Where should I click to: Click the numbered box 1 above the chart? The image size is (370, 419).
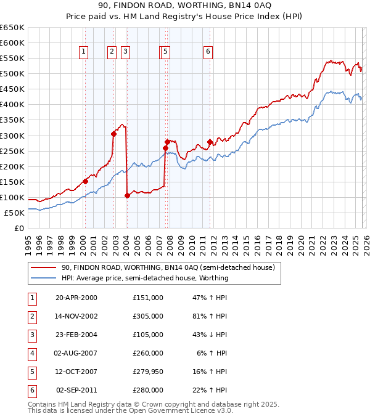pos(83,52)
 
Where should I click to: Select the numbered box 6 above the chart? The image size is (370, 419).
pos(208,52)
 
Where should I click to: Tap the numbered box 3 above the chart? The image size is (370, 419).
pos(125,52)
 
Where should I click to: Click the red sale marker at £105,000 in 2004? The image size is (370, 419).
pos(127,195)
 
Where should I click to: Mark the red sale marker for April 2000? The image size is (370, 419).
pos(85,181)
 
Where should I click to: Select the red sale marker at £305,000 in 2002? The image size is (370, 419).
pos(113,134)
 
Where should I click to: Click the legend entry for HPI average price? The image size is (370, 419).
pos(145,278)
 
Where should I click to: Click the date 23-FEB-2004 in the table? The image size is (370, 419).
pos(76,335)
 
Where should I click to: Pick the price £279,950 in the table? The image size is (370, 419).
pos(148,372)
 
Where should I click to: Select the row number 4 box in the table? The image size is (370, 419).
pos(31,353)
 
